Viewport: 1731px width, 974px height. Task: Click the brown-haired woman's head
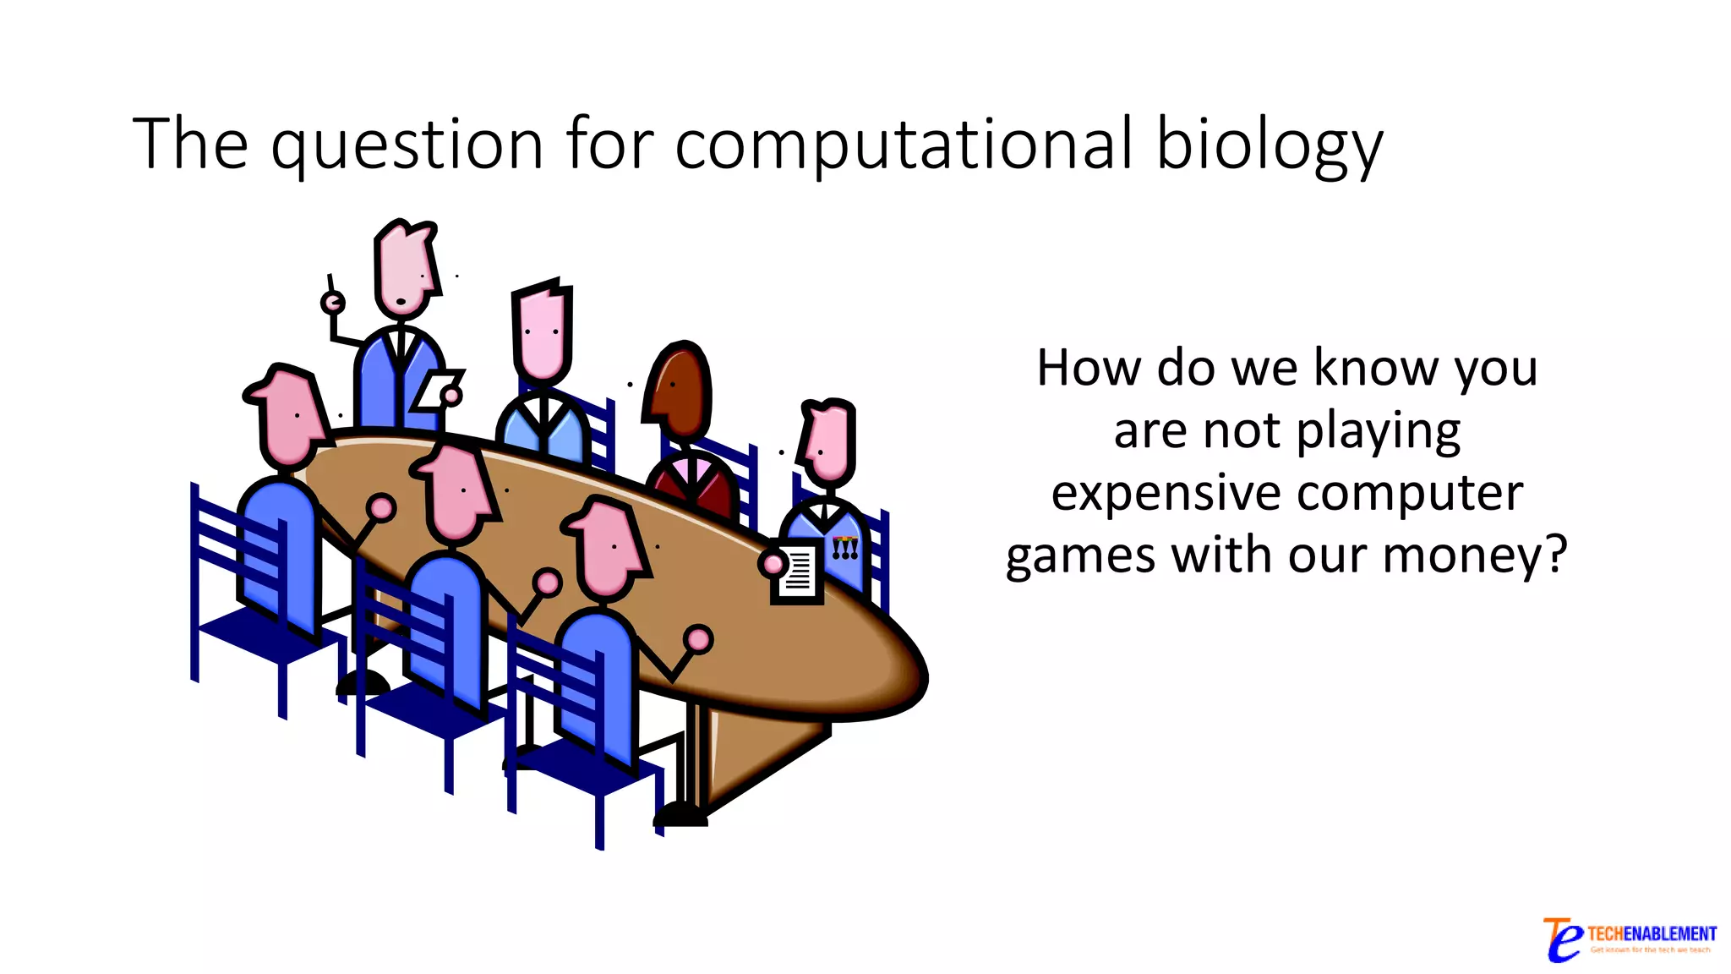(x=679, y=389)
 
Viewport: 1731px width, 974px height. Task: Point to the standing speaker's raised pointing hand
(x=332, y=302)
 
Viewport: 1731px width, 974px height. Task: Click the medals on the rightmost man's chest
(x=844, y=549)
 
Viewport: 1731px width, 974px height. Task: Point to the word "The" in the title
(x=190, y=144)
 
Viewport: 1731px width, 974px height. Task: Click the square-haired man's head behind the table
(x=542, y=333)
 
